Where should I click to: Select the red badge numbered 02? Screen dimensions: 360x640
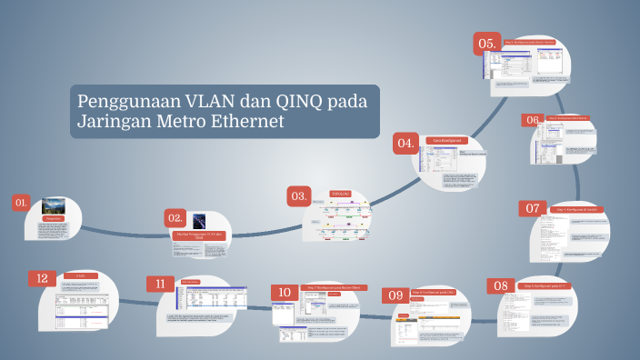[175, 217]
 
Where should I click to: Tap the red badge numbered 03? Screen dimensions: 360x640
[298, 195]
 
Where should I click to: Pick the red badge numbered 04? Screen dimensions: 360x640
[405, 143]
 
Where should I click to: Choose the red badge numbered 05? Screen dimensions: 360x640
[487, 43]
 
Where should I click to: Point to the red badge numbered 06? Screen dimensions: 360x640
[532, 120]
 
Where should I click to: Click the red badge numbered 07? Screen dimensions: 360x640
[533, 208]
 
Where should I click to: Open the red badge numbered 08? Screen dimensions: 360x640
[501, 285]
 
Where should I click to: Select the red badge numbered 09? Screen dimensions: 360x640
[395, 295]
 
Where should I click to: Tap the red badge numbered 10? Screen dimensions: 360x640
[284, 292]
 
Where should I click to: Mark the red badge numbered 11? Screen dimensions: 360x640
[160, 284]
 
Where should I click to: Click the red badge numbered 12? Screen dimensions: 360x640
[41, 277]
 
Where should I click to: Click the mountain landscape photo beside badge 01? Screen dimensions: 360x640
[53, 205]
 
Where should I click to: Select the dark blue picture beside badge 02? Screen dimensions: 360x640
[199, 221]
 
